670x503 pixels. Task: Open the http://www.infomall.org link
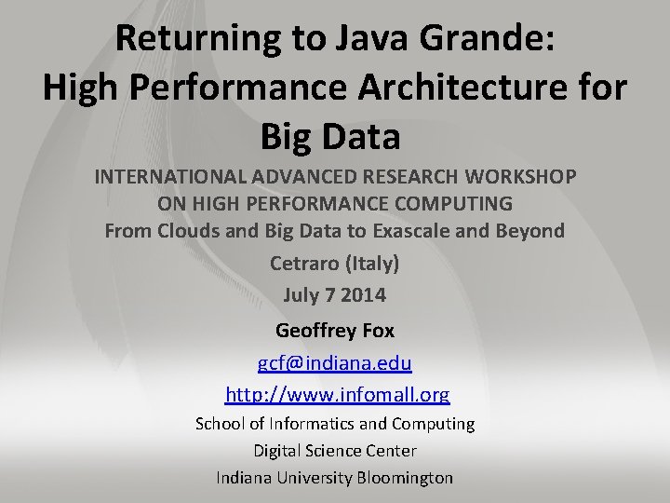(336, 394)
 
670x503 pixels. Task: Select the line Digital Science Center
(335, 451)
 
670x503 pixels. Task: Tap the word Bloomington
(402, 478)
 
